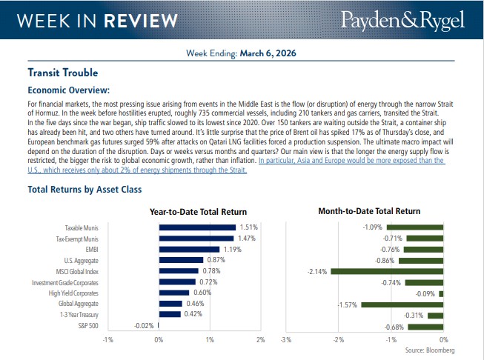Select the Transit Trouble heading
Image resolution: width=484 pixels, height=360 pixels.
pyautogui.click(x=62, y=73)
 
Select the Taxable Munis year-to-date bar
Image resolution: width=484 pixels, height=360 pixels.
pyautogui.click(x=197, y=227)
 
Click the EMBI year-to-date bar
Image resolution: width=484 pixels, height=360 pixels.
pyautogui.click(x=189, y=249)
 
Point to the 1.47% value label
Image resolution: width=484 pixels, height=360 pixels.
pyautogui.click(x=247, y=239)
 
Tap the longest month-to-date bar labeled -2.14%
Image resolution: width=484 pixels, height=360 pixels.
pyautogui.click(x=386, y=271)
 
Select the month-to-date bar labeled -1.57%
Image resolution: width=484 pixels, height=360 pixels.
pyautogui.click(x=401, y=304)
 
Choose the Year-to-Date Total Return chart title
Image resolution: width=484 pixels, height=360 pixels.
pyautogui.click(x=199, y=212)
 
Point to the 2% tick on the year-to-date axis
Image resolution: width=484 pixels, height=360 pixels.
pyautogui.click(x=260, y=339)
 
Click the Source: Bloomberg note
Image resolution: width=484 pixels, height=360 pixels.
pyautogui.click(x=430, y=350)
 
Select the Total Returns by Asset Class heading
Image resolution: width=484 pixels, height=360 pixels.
pyautogui.click(x=84, y=190)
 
